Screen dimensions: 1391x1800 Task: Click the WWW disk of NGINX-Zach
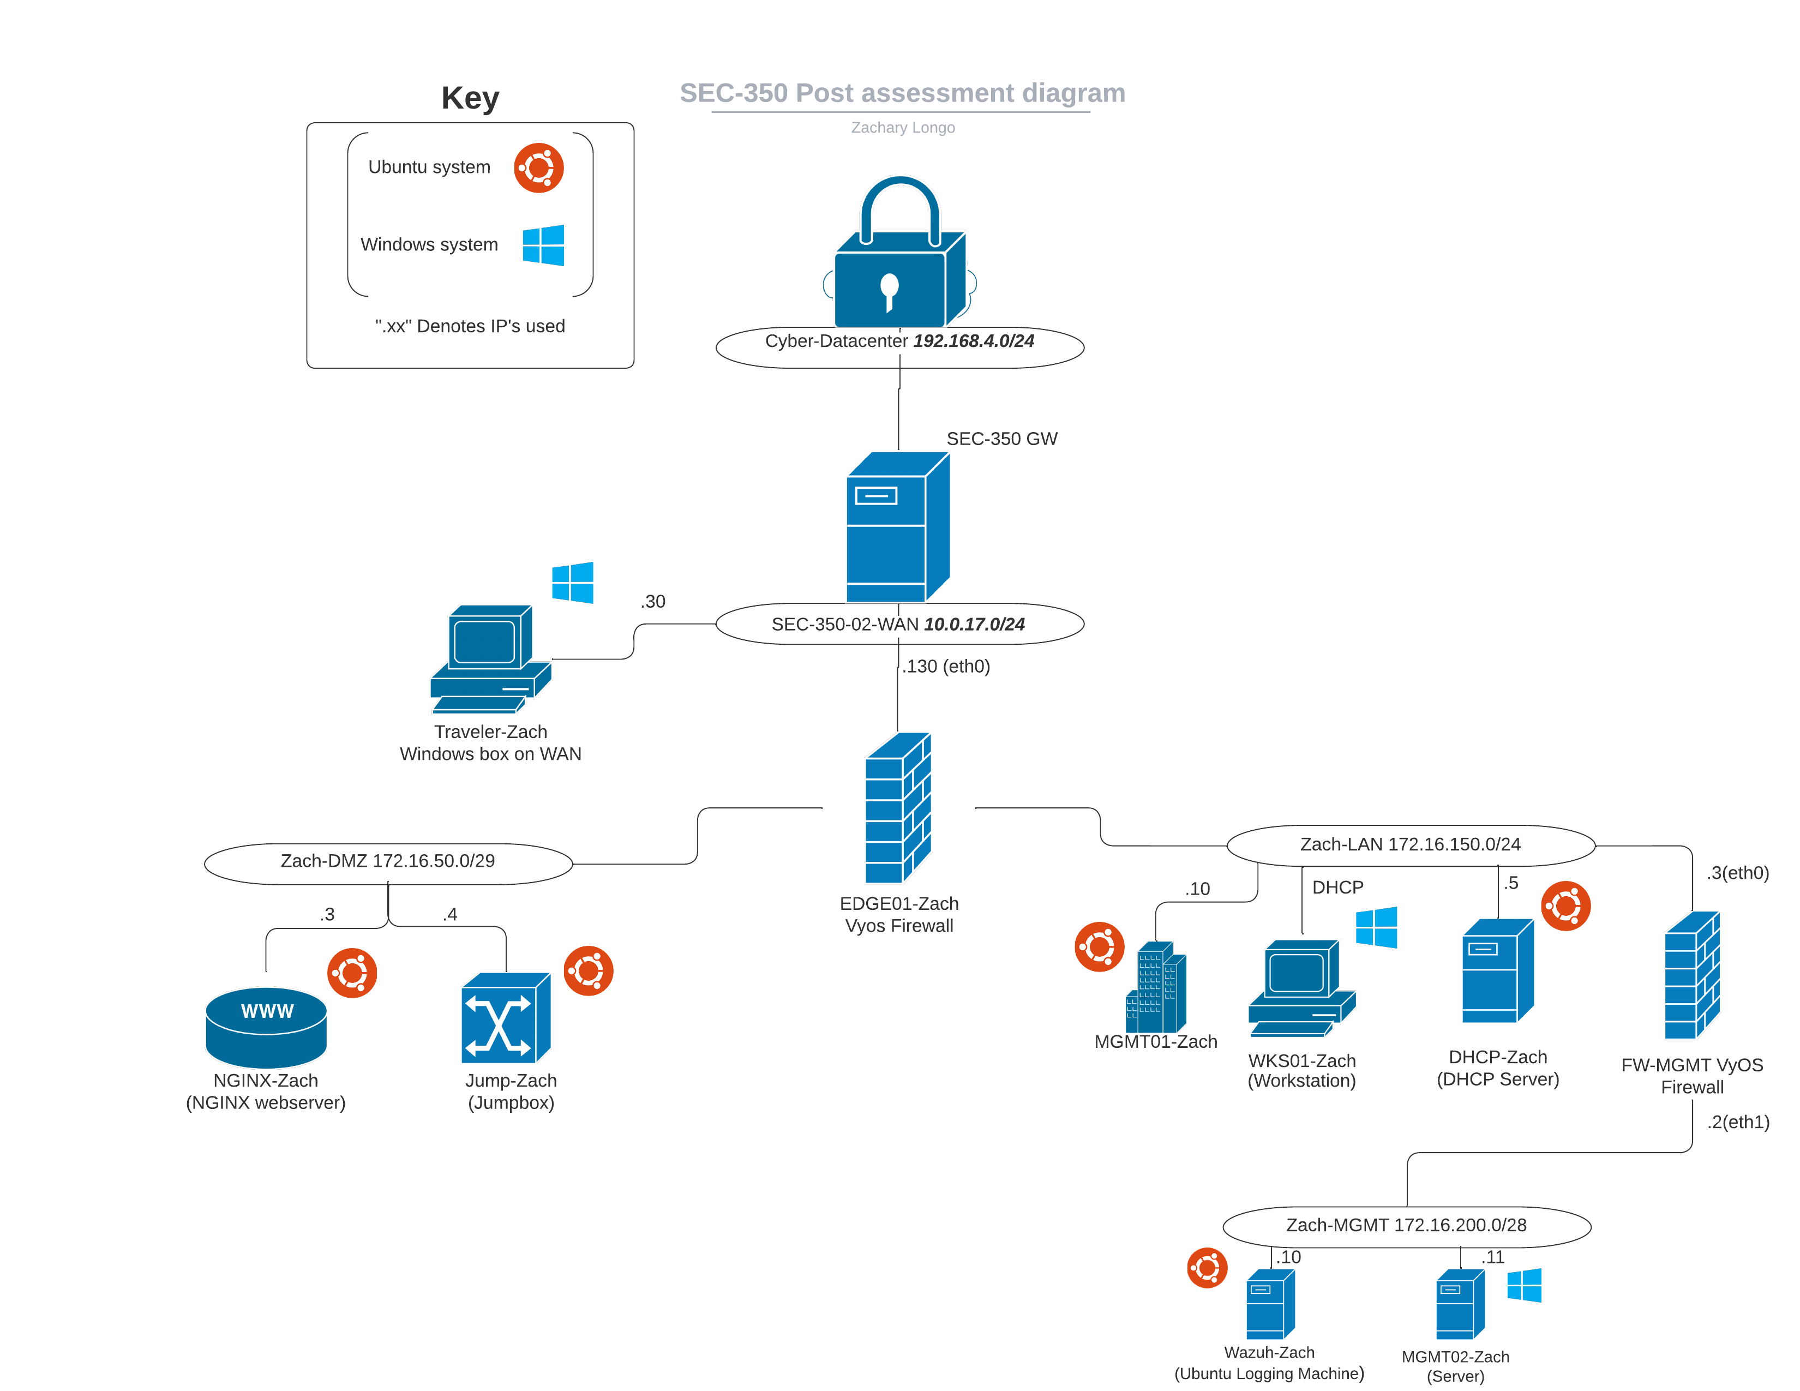pyautogui.click(x=266, y=1026)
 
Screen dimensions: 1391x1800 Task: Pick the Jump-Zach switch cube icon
pyautogui.click(x=505, y=1018)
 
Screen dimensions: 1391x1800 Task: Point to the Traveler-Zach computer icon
pyautogui.click(x=490, y=659)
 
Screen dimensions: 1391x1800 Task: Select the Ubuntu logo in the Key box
pyautogui.click(x=539, y=168)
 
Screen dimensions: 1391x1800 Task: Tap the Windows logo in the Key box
pyautogui.click(x=543, y=245)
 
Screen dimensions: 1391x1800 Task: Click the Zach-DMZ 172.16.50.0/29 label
pyautogui.click(x=387, y=861)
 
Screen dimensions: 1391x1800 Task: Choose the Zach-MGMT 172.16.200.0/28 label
pyautogui.click(x=1406, y=1225)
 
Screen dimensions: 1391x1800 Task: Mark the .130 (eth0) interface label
pyautogui.click(x=946, y=667)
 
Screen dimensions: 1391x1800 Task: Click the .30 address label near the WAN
pyautogui.click(x=653, y=602)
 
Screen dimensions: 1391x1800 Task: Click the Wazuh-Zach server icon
pyautogui.click(x=1270, y=1304)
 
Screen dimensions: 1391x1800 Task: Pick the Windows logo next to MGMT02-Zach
pyautogui.click(x=1524, y=1286)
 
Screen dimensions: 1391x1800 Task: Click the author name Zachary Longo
pyautogui.click(x=903, y=128)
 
